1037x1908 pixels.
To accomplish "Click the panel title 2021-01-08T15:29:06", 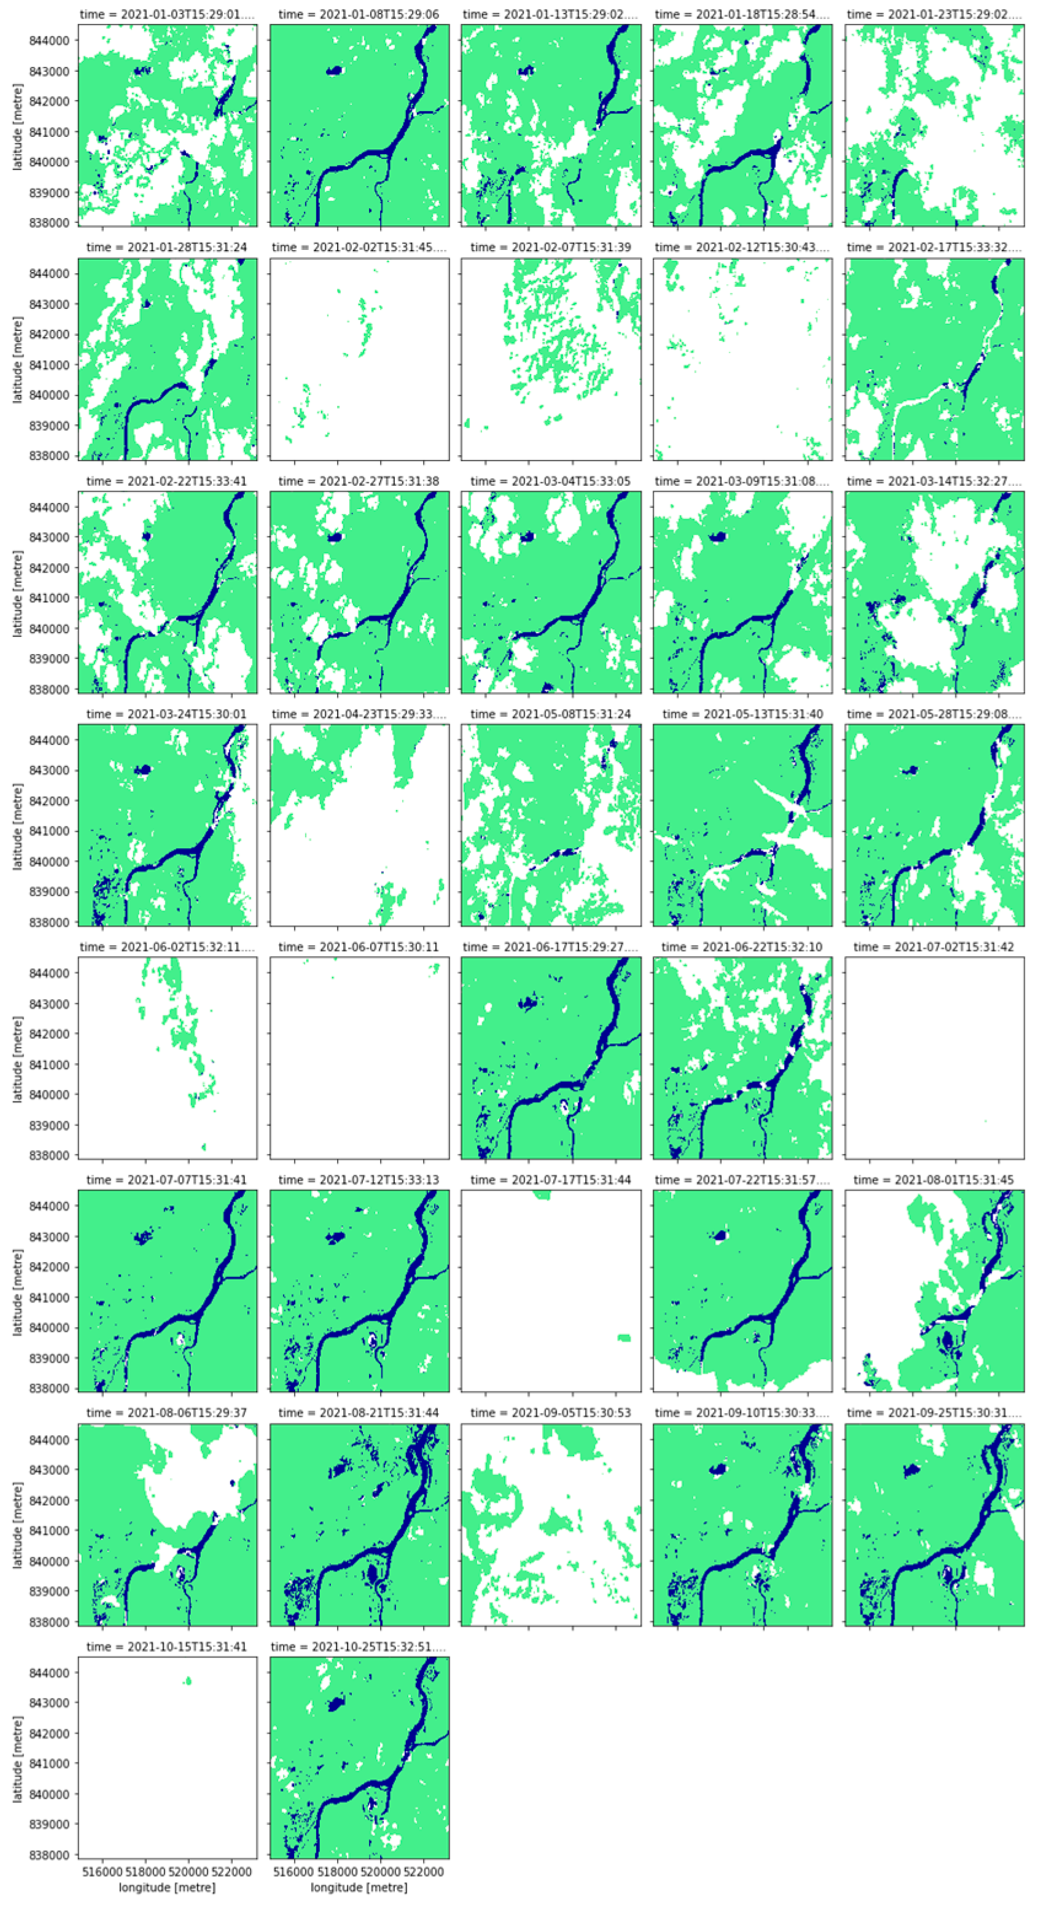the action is click(x=359, y=14).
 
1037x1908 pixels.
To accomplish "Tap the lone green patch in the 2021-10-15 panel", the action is click(x=188, y=1681).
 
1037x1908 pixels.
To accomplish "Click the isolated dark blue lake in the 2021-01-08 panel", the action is click(x=335, y=71).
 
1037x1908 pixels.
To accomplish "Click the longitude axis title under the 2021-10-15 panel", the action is click(x=168, y=1887).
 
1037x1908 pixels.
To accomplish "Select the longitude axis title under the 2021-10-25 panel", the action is click(x=359, y=1887).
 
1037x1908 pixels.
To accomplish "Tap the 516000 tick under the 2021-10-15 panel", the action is click(x=101, y=1872).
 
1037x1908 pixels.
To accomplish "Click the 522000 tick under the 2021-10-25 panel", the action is click(x=424, y=1872).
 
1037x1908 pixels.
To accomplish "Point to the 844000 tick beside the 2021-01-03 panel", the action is click(x=49, y=40).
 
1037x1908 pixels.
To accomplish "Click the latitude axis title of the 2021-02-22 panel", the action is click(x=17, y=593).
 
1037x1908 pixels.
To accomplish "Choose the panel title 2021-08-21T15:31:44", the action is click(x=359, y=1413).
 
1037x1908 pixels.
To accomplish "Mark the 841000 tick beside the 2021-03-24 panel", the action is click(x=49, y=831).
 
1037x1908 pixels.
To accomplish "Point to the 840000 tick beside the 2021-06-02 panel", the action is click(x=49, y=1095).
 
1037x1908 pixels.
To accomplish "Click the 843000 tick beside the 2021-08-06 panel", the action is click(x=49, y=1470).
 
